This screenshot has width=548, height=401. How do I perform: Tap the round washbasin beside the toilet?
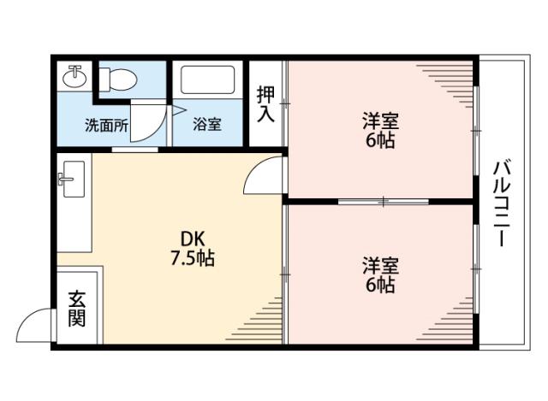pos(74,77)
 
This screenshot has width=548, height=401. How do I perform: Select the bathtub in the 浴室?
pos(209,83)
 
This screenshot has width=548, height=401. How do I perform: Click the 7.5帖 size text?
pos(191,257)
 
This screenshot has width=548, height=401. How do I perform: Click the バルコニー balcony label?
pos(503,203)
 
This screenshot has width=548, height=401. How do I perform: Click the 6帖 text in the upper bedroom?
pos(380,141)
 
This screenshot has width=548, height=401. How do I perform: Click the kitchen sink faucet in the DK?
pos(66,180)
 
